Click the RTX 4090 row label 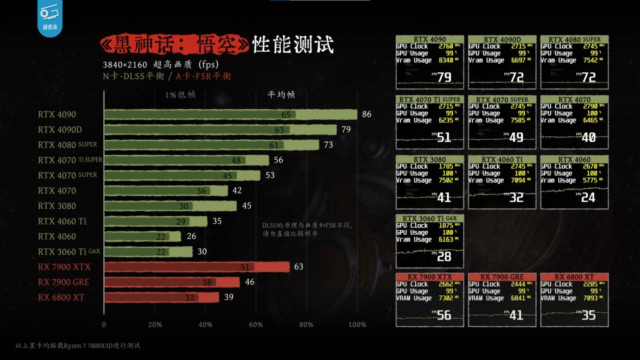[x=57, y=114]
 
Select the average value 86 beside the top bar [x=367, y=114]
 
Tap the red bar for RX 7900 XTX [x=197, y=267]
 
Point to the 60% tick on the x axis [x=256, y=324]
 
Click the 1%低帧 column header [x=180, y=94]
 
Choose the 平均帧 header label [x=281, y=94]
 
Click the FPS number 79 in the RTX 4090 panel [x=444, y=77]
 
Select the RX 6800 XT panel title [x=574, y=277]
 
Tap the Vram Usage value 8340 [x=445, y=60]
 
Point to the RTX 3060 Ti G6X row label [x=69, y=251]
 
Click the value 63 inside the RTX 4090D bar [x=279, y=130]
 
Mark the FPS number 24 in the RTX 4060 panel [x=588, y=197]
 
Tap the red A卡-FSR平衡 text [x=203, y=76]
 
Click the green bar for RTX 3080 [x=170, y=206]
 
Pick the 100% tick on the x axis [x=357, y=324]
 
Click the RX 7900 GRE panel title [x=502, y=277]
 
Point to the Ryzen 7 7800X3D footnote [x=78, y=345]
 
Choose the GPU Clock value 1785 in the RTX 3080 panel [x=445, y=166]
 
